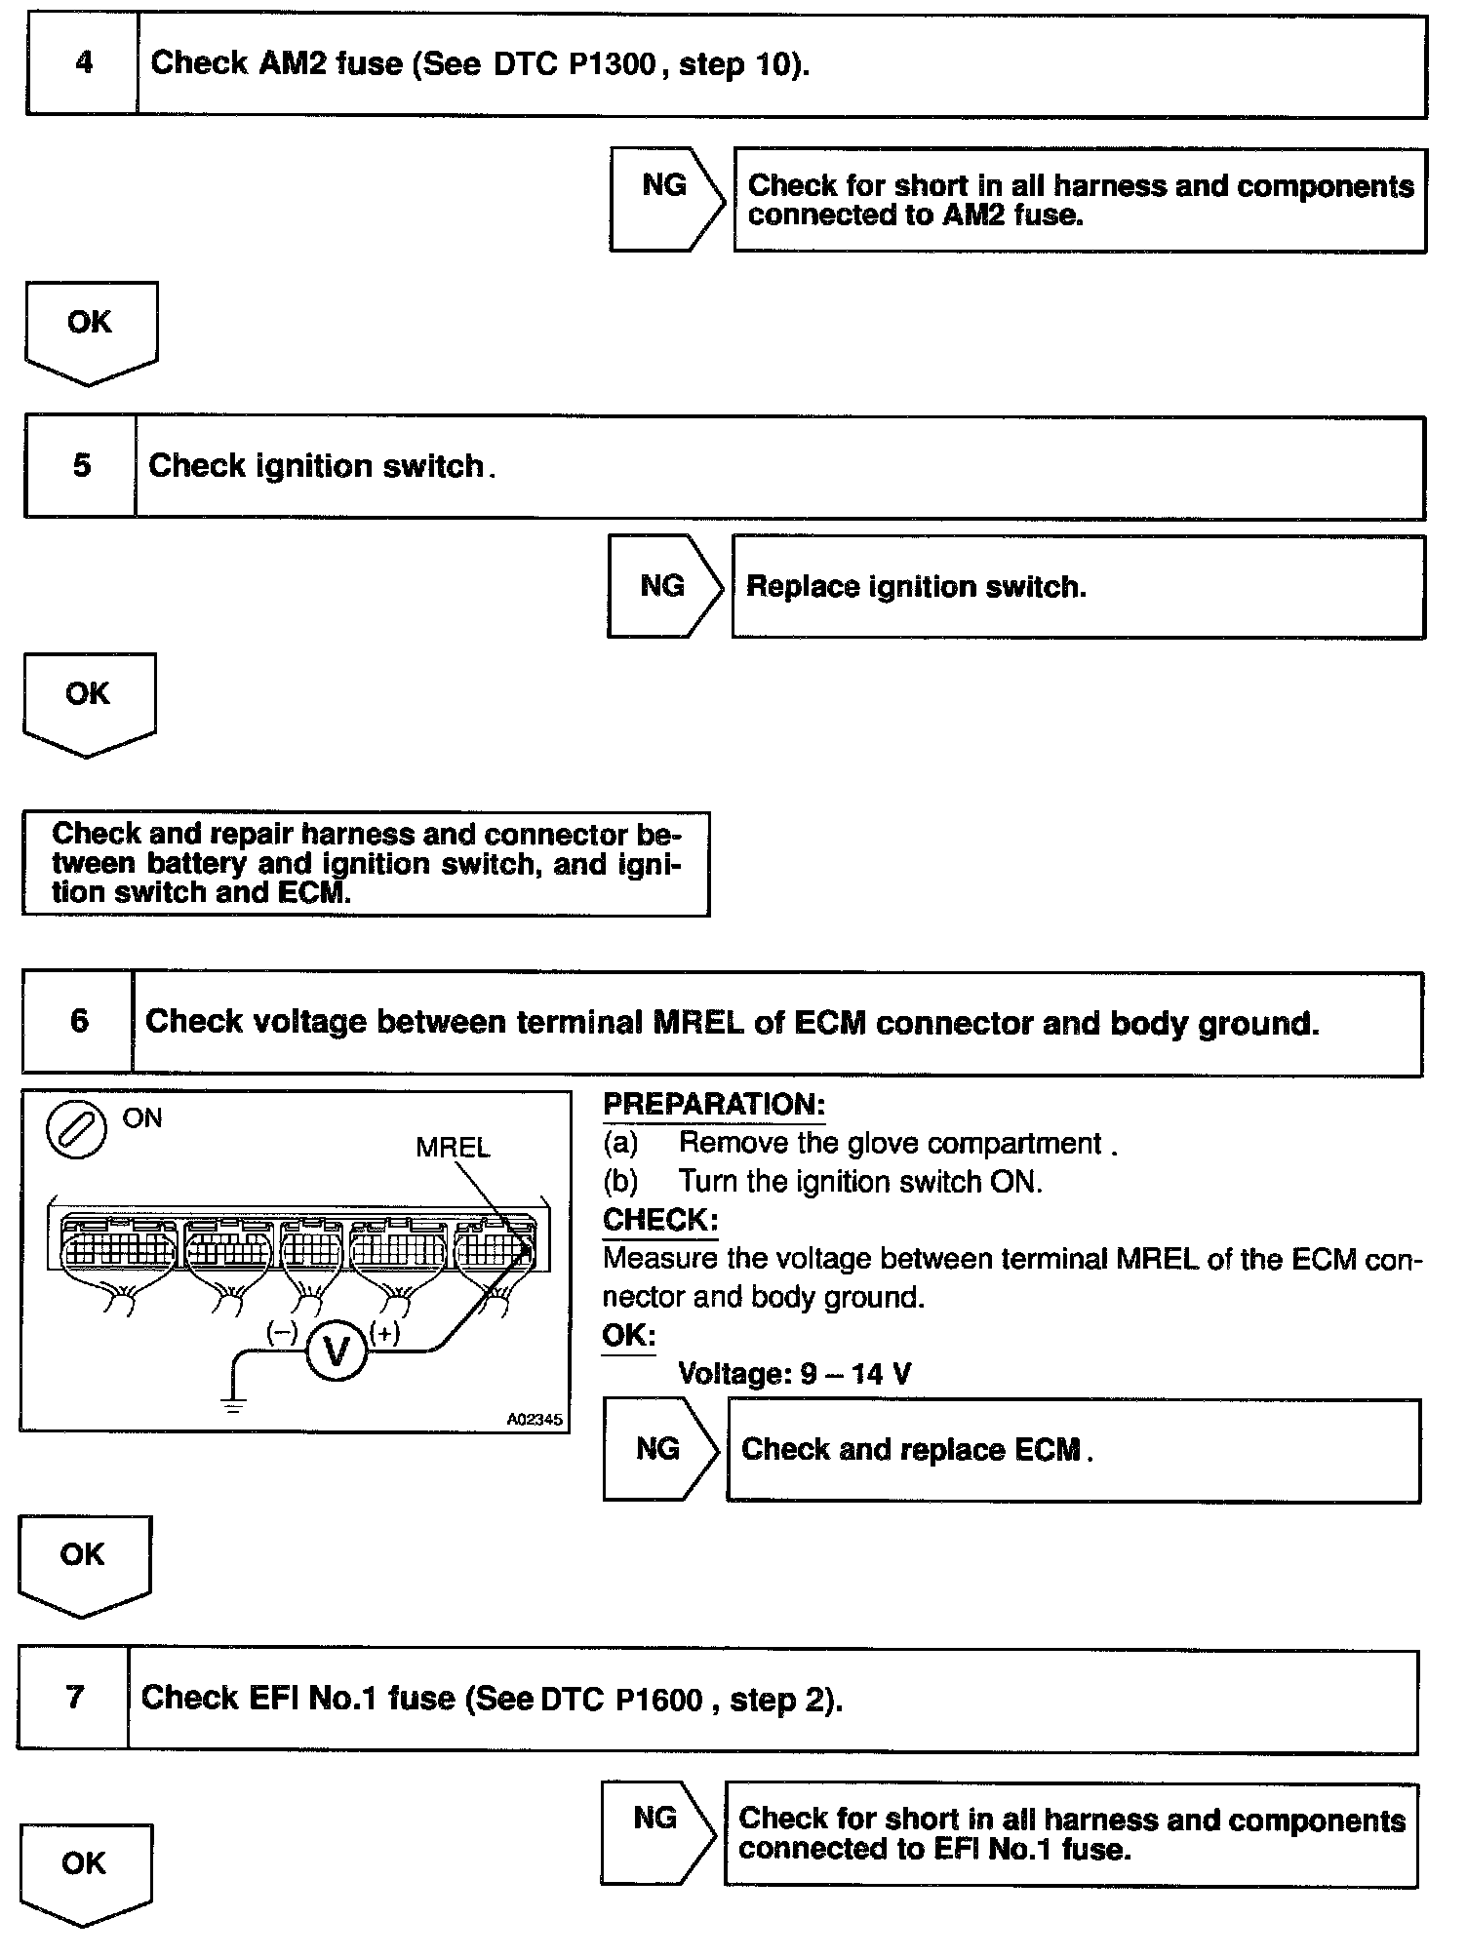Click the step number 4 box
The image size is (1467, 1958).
point(83,64)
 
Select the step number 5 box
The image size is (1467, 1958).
point(81,466)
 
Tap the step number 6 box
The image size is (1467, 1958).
point(78,1022)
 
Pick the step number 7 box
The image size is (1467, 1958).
point(74,1698)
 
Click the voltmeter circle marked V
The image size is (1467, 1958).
point(337,1352)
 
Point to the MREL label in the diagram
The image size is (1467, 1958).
point(453,1148)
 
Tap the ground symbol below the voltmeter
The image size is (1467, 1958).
point(234,1405)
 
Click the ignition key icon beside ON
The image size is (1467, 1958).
point(76,1131)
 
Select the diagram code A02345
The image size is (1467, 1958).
point(534,1420)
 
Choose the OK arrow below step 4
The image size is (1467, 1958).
point(91,330)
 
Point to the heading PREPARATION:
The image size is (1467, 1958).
point(714,1105)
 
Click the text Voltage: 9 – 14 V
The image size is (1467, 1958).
point(794,1374)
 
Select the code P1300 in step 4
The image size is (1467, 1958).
point(611,65)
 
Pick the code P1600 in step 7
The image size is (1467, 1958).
point(658,1700)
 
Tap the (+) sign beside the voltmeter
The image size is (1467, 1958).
point(385,1333)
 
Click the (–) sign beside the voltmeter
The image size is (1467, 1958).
point(283,1333)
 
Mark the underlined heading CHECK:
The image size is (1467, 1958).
point(660,1220)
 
